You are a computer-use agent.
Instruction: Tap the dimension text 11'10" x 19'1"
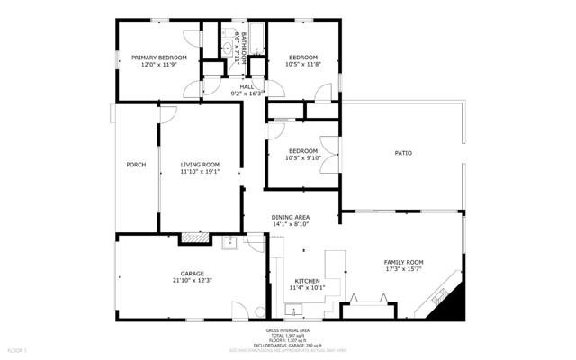tap(200, 172)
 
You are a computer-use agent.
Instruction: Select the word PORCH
tap(136, 165)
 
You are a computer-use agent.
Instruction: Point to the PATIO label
tap(403, 154)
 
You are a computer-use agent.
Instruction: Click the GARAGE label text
tap(191, 274)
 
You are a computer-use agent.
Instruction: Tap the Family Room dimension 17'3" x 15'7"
tap(403, 269)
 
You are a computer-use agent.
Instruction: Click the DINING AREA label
tap(291, 218)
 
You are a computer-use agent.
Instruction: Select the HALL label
tap(246, 86)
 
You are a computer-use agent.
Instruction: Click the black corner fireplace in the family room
tap(449, 306)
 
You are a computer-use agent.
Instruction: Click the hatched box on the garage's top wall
tap(193, 238)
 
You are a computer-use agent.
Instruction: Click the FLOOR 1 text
tap(18, 348)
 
